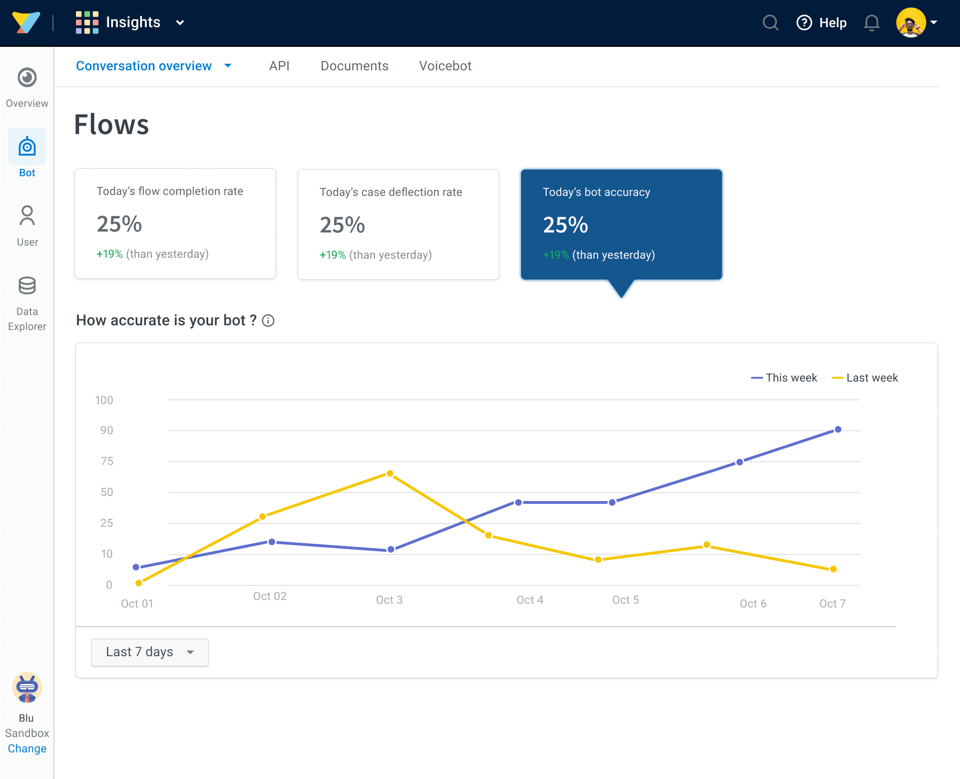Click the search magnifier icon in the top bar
point(770,22)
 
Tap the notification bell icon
point(871,22)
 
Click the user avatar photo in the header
point(911,22)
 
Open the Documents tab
point(354,66)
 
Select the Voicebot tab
point(445,66)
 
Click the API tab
point(279,66)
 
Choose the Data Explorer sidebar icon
point(27,285)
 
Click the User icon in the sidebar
point(27,215)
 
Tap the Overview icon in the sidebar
point(27,77)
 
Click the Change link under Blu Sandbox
point(27,749)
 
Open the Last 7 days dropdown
point(150,652)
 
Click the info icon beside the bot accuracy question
point(268,321)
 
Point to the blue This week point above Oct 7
point(838,429)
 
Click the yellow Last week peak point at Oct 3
point(390,473)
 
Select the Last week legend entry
point(865,378)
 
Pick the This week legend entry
point(784,378)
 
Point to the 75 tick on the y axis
point(107,461)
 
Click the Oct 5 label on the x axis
point(626,600)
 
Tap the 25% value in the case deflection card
point(342,225)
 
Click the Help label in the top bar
point(833,22)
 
